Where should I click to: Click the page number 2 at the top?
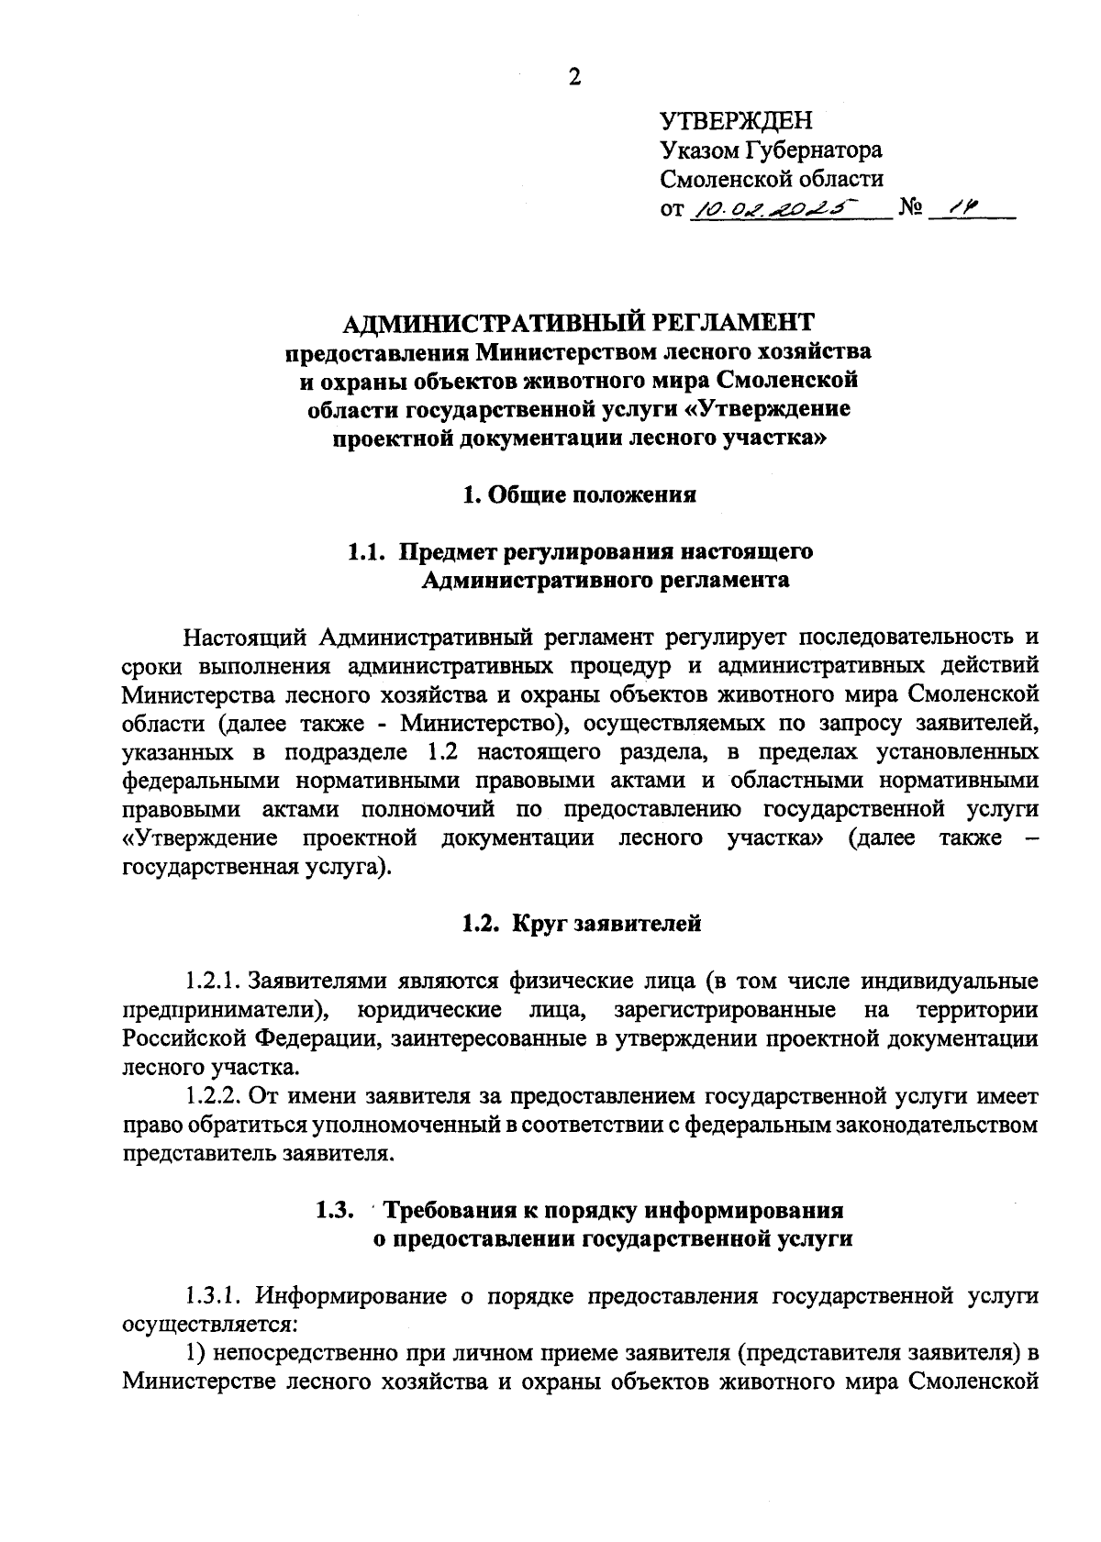point(574,77)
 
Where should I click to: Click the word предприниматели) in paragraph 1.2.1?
point(229,1011)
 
